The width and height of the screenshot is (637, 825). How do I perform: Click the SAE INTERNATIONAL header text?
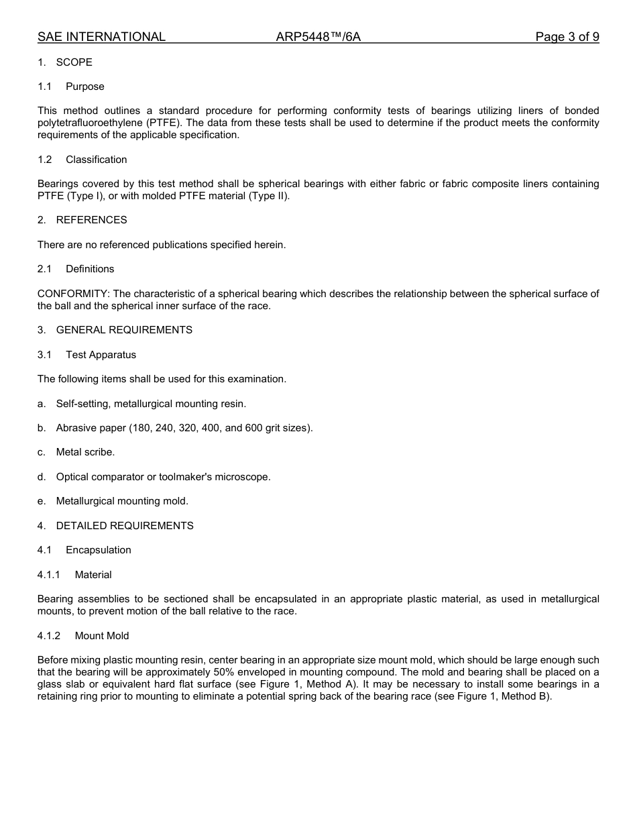coord(101,37)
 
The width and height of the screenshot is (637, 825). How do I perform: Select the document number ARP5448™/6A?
coord(318,37)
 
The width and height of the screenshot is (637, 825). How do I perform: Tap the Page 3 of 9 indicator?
coord(567,37)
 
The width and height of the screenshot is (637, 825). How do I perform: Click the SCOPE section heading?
coord(74,62)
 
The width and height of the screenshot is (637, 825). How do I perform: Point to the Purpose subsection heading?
coord(84,87)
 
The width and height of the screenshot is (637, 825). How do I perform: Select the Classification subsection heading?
coord(96,160)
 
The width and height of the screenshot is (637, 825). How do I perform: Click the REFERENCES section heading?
coord(91,220)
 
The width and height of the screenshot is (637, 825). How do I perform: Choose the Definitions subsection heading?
coord(90,269)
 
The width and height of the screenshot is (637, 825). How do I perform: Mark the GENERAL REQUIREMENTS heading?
coord(124,330)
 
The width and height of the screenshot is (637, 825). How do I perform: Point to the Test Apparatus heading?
coord(101,355)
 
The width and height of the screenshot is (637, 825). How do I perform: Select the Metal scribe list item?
coord(85,452)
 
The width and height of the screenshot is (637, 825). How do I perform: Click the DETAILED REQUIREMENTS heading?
coord(125,526)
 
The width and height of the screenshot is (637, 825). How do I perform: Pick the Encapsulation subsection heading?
coord(98,550)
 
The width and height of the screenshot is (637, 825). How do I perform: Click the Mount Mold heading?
coord(102,636)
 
